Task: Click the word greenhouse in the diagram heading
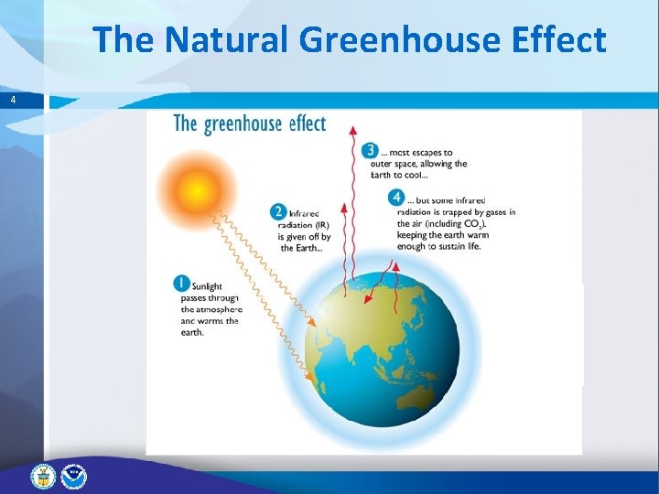[x=249, y=123]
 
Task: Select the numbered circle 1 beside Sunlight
[x=182, y=285]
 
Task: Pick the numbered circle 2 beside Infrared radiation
[x=279, y=212]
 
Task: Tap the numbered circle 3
[x=370, y=151]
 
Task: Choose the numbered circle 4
[x=396, y=198]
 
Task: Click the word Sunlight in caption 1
[x=208, y=286]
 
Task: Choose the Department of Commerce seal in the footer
[x=43, y=476]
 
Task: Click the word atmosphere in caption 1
[x=211, y=309]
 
